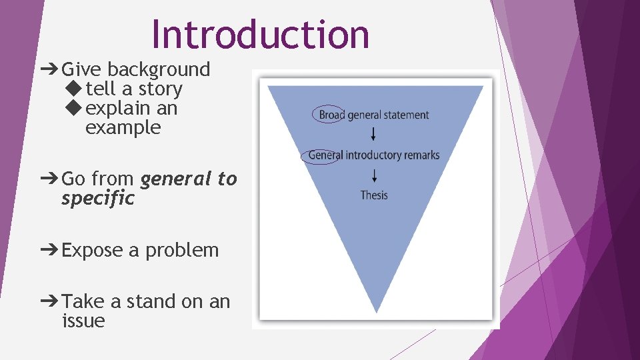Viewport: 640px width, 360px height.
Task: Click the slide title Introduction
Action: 260,35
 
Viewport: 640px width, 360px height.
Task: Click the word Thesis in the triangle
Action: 374,195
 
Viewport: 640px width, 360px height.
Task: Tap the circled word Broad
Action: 331,115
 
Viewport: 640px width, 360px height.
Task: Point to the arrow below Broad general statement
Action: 373,134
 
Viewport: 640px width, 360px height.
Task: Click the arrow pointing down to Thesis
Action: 375,175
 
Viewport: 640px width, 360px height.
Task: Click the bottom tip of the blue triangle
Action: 377,311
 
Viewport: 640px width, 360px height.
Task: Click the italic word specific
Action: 98,199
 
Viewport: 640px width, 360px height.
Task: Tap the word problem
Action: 182,251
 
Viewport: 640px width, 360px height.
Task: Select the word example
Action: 123,127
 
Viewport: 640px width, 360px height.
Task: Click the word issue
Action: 83,321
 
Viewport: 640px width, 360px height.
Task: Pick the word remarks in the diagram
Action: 420,155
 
